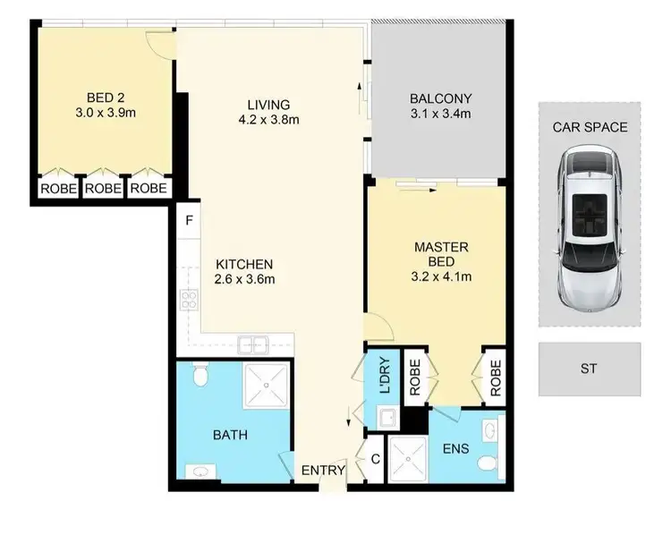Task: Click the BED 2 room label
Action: pos(99,98)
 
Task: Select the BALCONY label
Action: pos(439,98)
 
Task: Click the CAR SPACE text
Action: pos(590,127)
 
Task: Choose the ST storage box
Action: pos(590,368)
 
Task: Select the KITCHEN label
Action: pos(243,264)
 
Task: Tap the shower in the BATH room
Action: pos(266,386)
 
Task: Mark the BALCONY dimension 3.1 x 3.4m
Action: pos(439,114)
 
